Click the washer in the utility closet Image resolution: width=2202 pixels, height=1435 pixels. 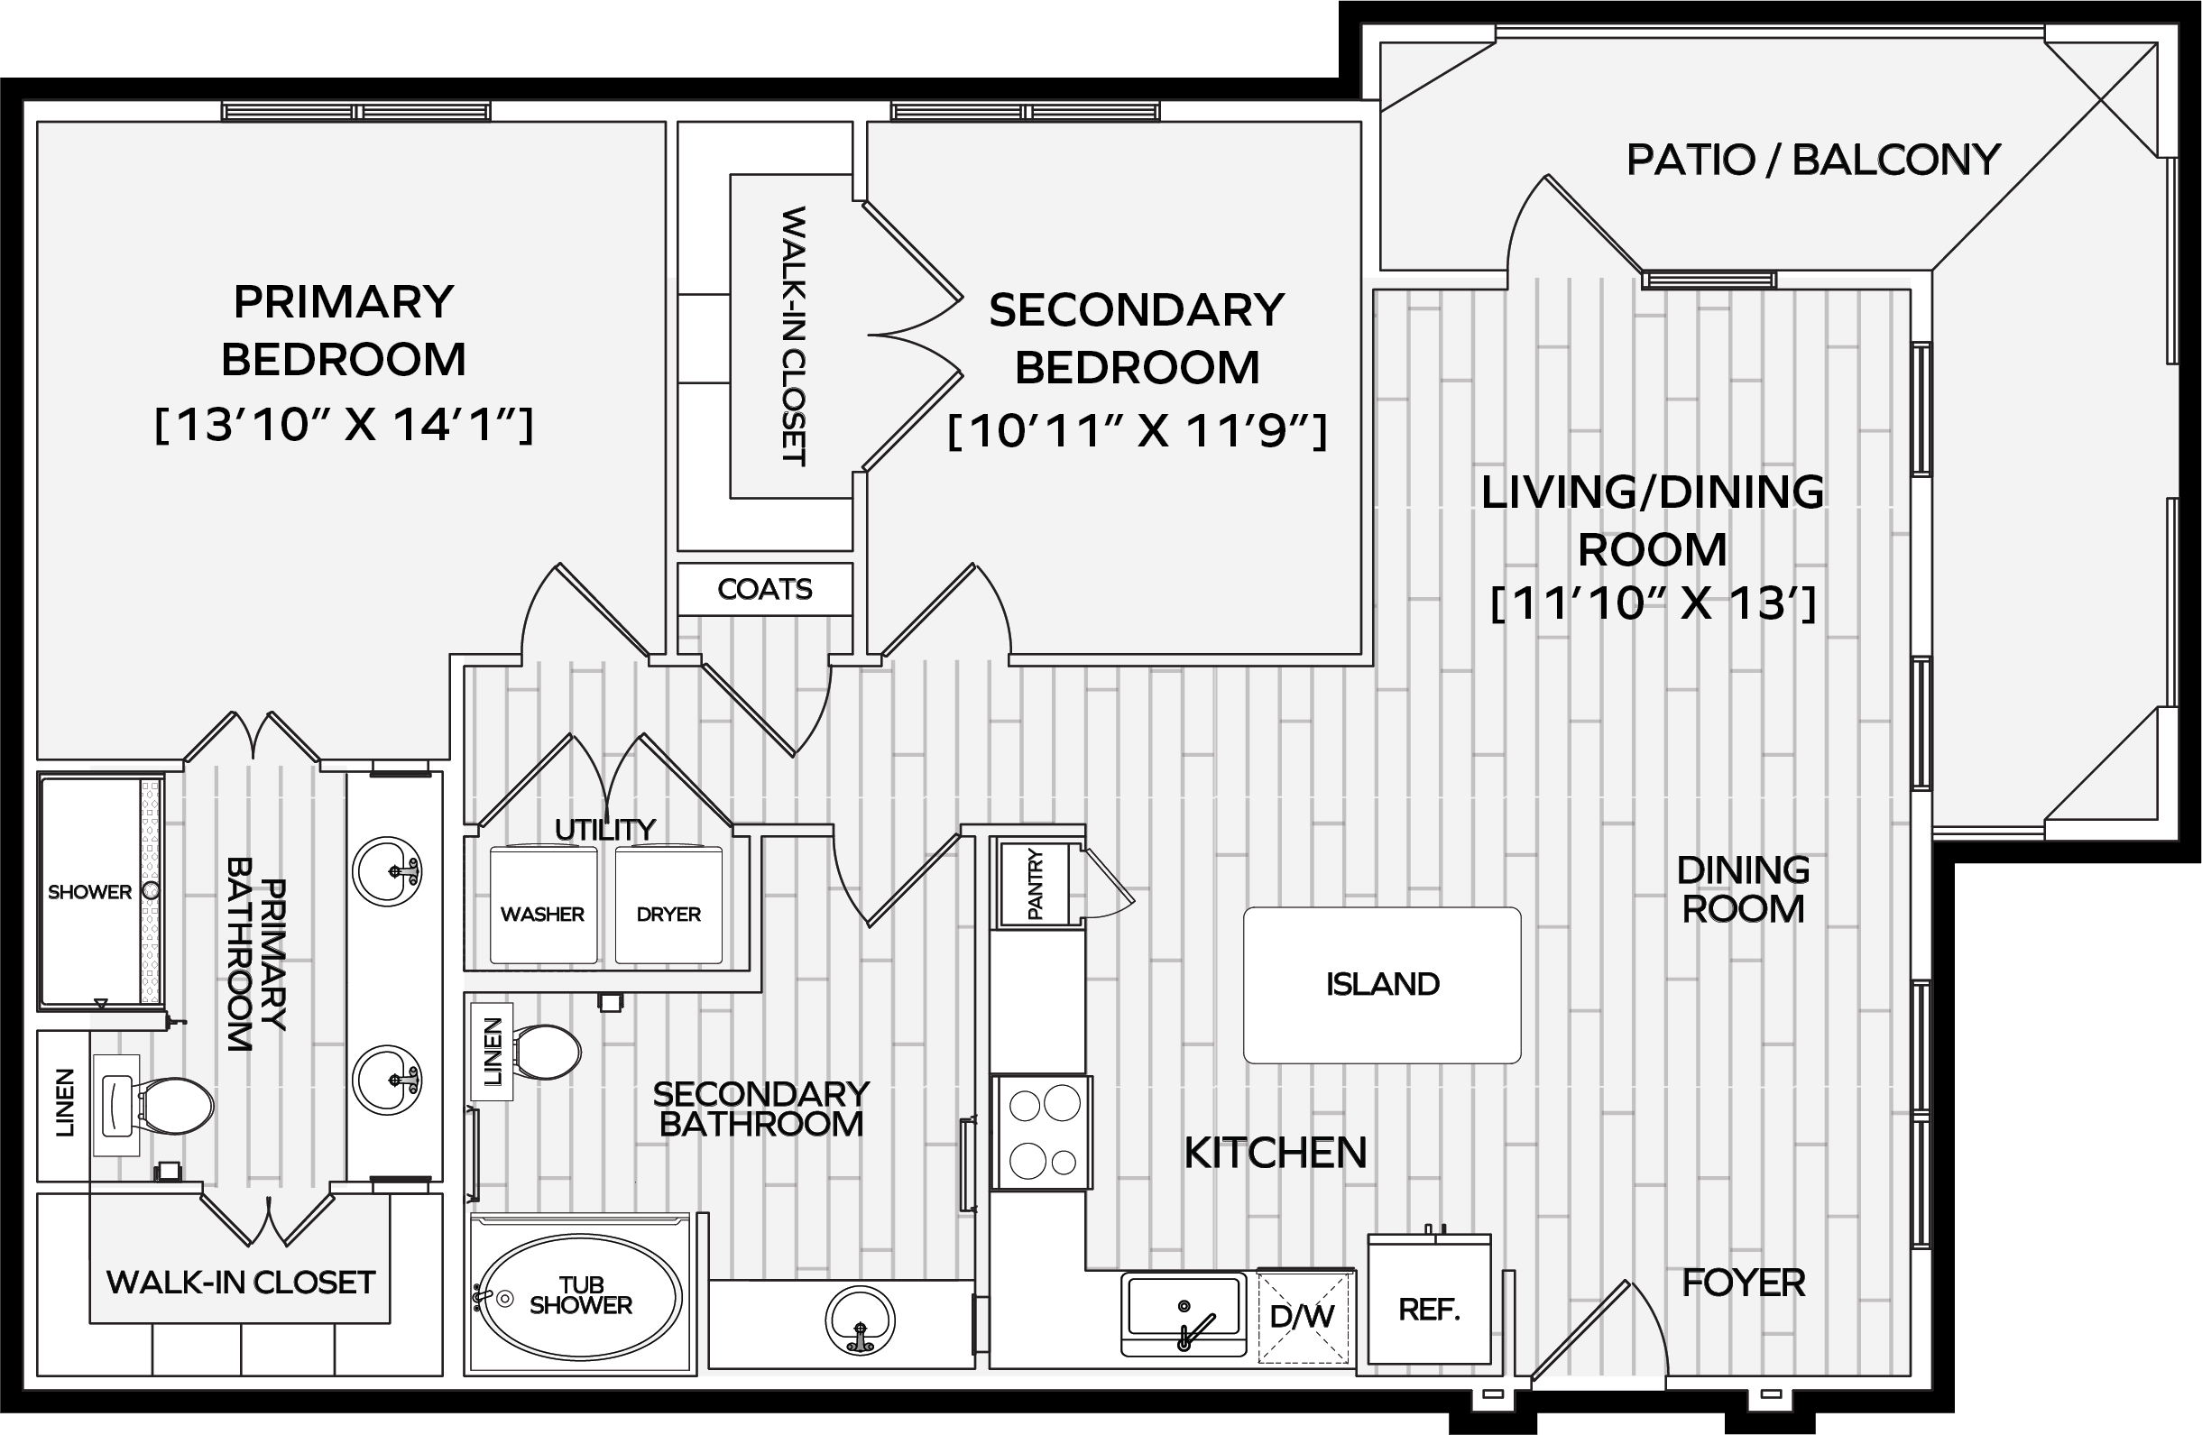pos(543,905)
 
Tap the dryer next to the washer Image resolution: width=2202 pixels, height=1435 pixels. pos(668,905)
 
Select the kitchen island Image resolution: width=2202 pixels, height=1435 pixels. pos(1382,984)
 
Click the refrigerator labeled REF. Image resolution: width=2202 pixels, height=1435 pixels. pos(1430,1298)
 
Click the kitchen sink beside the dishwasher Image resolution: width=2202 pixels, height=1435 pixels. pos(1184,1312)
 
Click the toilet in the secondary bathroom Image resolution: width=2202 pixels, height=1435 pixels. pos(545,1052)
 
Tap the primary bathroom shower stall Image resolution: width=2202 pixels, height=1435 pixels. pos(101,892)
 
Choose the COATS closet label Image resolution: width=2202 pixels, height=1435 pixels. pos(765,589)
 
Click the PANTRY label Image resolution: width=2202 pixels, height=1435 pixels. pos(1035,885)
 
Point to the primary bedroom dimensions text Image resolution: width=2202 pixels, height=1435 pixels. pos(344,426)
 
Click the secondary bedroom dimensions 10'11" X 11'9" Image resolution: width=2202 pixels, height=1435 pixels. pos(1137,430)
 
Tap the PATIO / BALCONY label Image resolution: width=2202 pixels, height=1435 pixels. pos(1813,160)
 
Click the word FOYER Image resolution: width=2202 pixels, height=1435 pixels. pos(1743,1283)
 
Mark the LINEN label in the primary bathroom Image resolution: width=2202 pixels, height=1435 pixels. pos(64,1103)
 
